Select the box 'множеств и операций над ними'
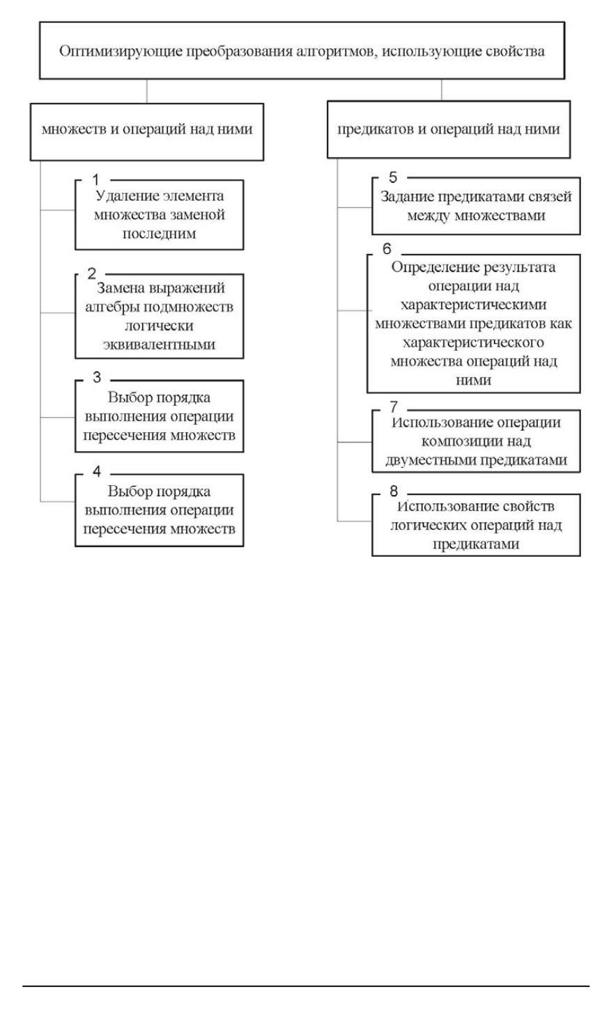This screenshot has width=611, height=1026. [x=146, y=130]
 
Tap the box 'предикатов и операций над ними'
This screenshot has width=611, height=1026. [x=449, y=130]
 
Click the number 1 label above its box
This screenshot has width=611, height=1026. [x=96, y=180]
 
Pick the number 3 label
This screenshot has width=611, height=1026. [x=97, y=378]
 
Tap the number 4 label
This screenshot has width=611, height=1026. [x=97, y=472]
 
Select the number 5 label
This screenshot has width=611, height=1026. [x=393, y=177]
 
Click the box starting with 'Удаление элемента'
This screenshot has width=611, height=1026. [x=160, y=215]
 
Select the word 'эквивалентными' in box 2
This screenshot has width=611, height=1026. [x=160, y=344]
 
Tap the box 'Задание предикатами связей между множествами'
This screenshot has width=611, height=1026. [x=476, y=206]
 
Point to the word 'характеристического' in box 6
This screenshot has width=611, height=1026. [x=474, y=343]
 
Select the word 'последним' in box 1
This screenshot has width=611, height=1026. [x=160, y=234]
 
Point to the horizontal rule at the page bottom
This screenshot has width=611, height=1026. [x=306, y=986]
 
